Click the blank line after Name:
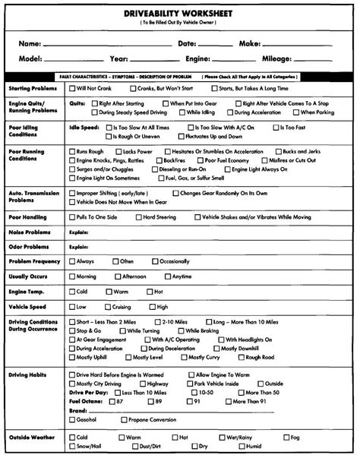pos(106,46)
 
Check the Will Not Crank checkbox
pos(72,89)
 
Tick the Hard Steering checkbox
pos(137,217)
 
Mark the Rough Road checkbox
pos(240,357)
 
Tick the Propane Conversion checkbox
pos(122,419)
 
